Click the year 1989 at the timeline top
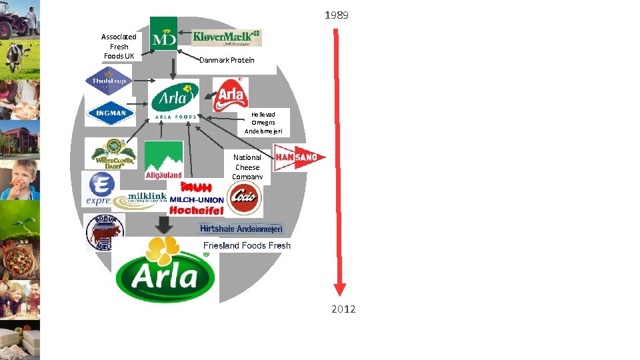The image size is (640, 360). coord(336,15)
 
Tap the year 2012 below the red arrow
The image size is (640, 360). coord(344,309)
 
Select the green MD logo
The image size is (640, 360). coord(163,33)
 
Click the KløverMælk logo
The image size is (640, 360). coord(227,37)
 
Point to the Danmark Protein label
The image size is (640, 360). coord(227,60)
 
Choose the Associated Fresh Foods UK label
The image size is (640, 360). coord(119,47)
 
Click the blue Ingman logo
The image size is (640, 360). coord(111,113)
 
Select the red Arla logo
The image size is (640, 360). coord(230,95)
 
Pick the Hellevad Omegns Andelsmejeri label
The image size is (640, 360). coord(263,123)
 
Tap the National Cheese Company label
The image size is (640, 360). coord(247,167)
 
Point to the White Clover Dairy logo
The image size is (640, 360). coord(115,154)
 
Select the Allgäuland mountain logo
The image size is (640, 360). coord(163,161)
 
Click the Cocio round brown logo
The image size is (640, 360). coord(245,198)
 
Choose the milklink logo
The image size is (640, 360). coord(139,199)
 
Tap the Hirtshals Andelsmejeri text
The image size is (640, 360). coord(241,229)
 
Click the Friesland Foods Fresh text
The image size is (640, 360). coord(247,245)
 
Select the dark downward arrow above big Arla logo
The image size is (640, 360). coord(163,225)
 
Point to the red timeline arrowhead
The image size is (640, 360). coord(340,289)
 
